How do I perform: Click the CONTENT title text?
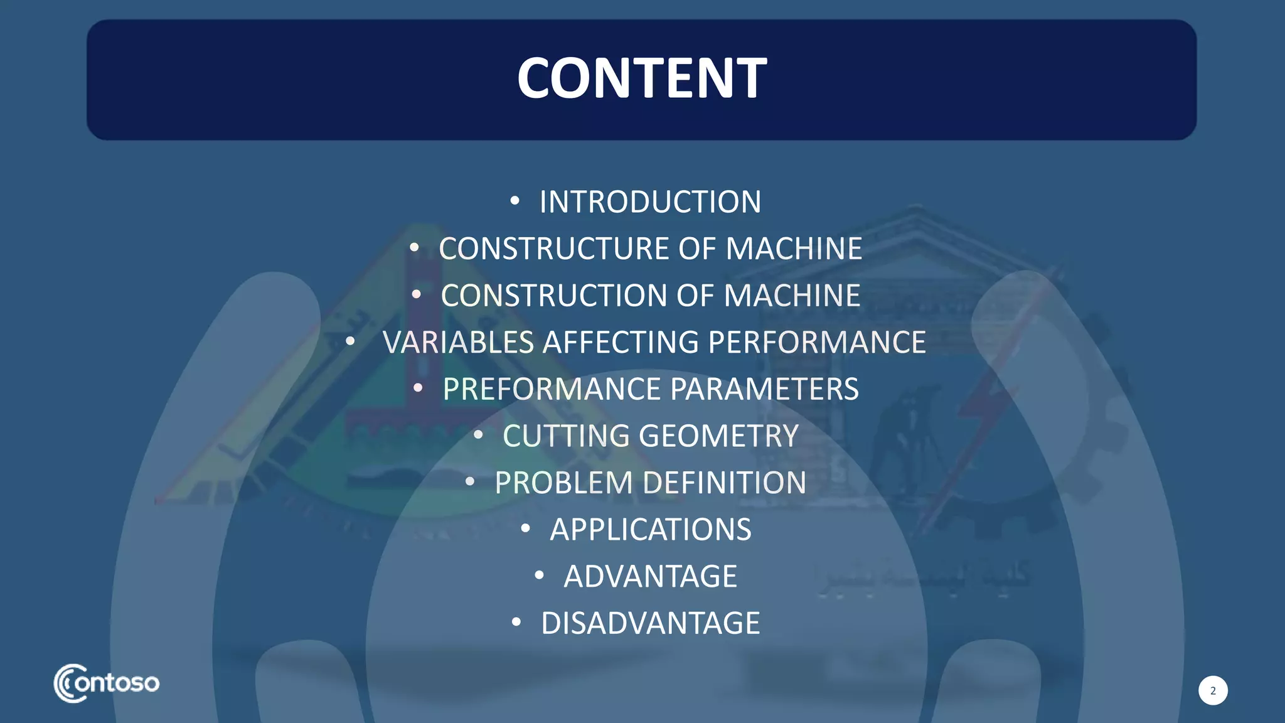[x=641, y=78]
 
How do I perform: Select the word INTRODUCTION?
[x=650, y=202]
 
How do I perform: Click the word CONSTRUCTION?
[x=554, y=296]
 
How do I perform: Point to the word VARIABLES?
[x=458, y=343]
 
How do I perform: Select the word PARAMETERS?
[x=764, y=389]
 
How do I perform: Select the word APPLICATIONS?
[x=650, y=530]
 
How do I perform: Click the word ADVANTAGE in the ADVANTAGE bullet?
[x=650, y=576]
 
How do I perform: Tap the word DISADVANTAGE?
[x=650, y=623]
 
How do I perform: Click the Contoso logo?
[x=107, y=683]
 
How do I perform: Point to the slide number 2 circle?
[x=1213, y=690]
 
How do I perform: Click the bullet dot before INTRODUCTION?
[x=515, y=201]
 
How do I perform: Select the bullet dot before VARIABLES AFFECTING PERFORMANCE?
[x=350, y=341]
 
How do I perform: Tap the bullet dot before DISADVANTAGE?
[x=516, y=622]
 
